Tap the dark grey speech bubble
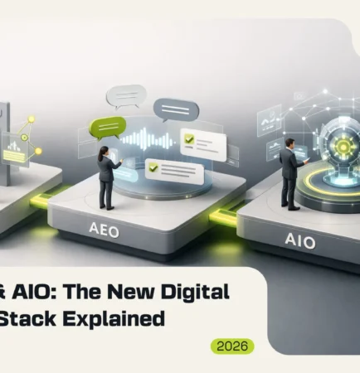(x=177, y=109)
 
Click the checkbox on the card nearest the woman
(x=152, y=167)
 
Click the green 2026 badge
(x=231, y=346)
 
